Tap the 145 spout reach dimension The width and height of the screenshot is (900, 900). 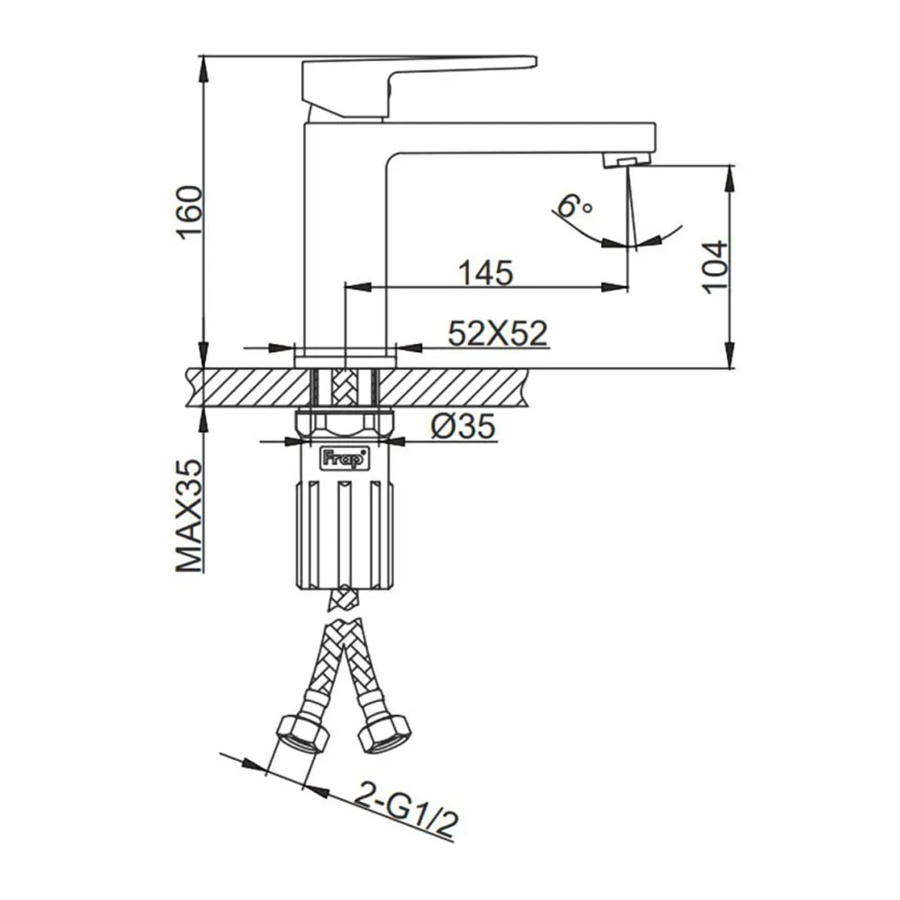pyautogui.click(x=485, y=273)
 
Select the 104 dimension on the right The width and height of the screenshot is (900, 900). pyautogui.click(x=715, y=267)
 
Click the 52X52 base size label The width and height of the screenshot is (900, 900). pyautogui.click(x=498, y=333)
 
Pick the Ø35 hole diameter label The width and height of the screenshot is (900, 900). pyautogui.click(x=463, y=427)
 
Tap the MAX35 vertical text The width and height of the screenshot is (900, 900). pyautogui.click(x=189, y=516)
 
